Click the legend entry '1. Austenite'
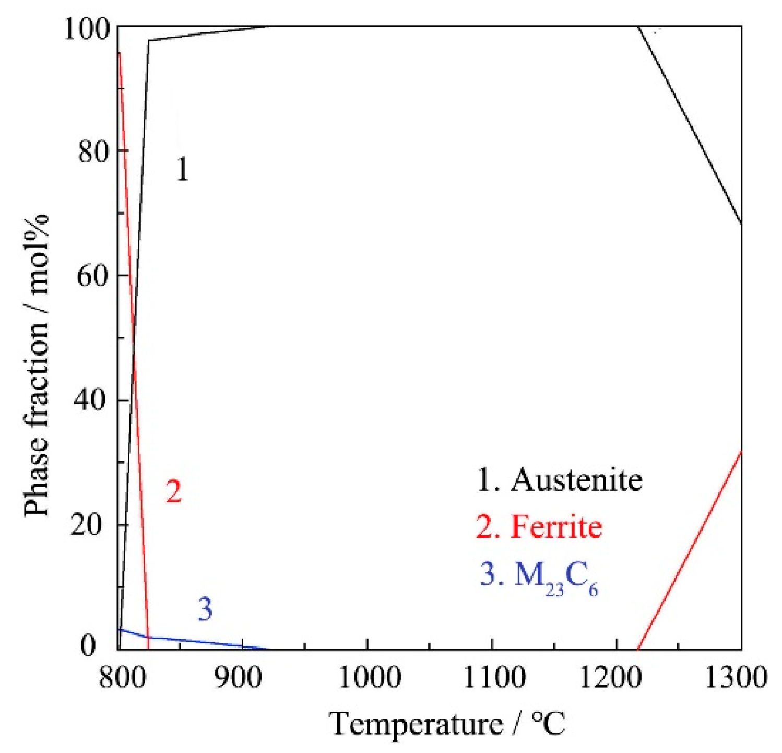pyautogui.click(x=560, y=479)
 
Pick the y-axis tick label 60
pyautogui.click(x=94, y=275)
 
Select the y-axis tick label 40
pyautogui.click(x=94, y=400)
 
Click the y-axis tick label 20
pyautogui.click(x=94, y=524)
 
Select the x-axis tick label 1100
pyautogui.click(x=494, y=677)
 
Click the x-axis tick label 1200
pyautogui.click(x=618, y=677)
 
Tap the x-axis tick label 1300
pyautogui.click(x=736, y=677)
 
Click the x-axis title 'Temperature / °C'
pyautogui.click(x=448, y=724)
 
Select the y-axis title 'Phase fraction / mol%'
pyautogui.click(x=37, y=366)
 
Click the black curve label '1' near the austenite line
pyautogui.click(x=182, y=169)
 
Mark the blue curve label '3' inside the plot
pyautogui.click(x=205, y=609)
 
